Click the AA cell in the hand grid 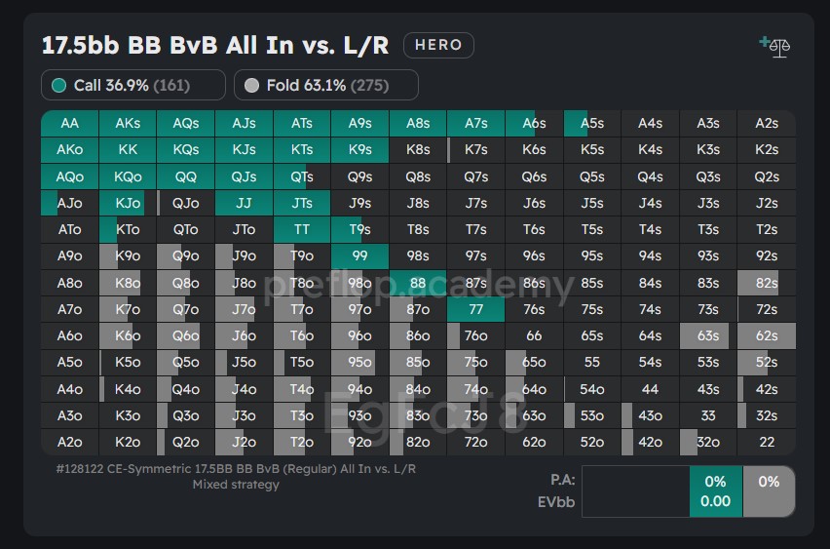click(69, 124)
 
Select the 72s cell click(767, 309)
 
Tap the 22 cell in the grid click(767, 442)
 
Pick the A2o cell click(69, 442)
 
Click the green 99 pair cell click(359, 256)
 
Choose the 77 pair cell click(476, 309)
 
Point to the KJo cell click(128, 204)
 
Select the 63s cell click(708, 335)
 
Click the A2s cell click(767, 124)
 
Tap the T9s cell click(359, 230)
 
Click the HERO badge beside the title click(438, 45)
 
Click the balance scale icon click(775, 46)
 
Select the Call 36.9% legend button click(132, 86)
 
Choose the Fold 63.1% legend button click(325, 86)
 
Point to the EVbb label click(556, 501)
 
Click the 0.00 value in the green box click(716, 501)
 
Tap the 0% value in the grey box click(769, 482)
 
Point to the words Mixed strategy click(236, 485)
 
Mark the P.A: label click(562, 480)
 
